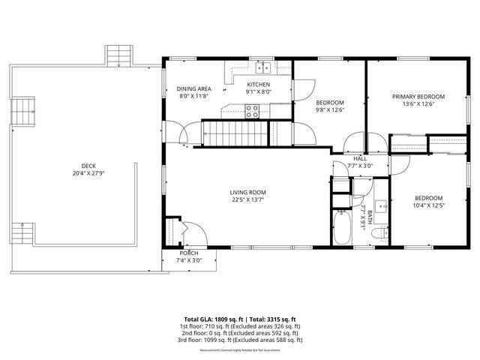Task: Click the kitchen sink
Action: coord(262,67)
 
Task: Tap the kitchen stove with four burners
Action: coord(253,111)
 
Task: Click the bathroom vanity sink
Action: coord(378,205)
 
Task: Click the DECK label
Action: coord(88,166)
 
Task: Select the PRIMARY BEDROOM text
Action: coord(419,96)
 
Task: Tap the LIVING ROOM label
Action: coord(247,193)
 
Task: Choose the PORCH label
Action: coord(189,253)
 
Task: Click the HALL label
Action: coord(360,159)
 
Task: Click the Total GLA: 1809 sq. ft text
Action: coord(212,319)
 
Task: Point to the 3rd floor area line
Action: coord(240,340)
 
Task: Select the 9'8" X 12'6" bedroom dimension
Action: coord(329,109)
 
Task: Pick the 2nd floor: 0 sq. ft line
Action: coord(240,333)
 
